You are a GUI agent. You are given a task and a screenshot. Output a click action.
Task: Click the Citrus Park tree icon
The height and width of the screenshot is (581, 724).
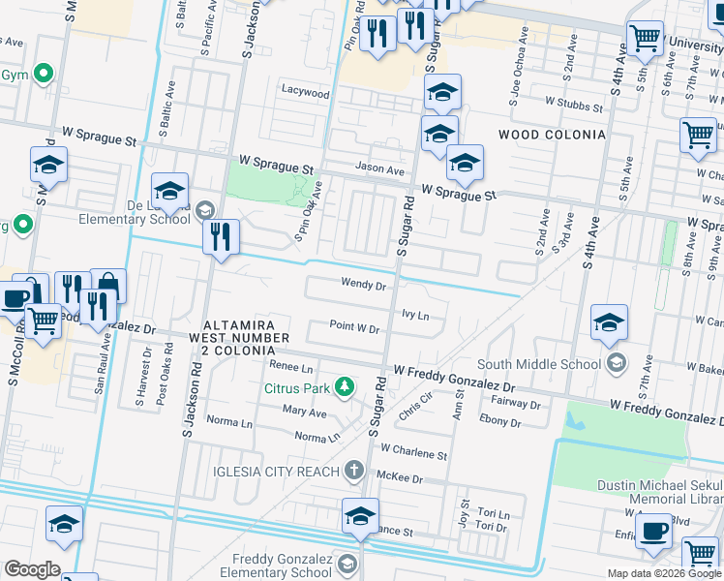342,388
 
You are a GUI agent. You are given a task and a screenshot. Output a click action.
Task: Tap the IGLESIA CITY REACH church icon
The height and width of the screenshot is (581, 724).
354,471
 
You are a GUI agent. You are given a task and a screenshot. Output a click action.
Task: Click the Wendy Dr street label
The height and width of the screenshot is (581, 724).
363,285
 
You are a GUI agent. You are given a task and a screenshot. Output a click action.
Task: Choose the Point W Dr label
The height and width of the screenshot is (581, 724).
353,328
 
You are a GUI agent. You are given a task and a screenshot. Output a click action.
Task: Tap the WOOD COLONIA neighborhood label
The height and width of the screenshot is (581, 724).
551,135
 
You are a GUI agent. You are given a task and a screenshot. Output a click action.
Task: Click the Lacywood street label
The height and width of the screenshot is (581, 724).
306,94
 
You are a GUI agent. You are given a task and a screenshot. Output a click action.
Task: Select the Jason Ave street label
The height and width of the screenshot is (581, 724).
379,169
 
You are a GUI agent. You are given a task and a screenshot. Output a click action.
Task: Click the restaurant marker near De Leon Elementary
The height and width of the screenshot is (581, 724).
221,236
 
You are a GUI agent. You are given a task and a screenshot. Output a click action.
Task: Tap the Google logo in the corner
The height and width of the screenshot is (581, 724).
31,569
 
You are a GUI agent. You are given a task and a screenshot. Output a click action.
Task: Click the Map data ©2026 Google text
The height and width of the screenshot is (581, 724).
663,573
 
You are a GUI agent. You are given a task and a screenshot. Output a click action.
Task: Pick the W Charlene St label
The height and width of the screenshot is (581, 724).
413,451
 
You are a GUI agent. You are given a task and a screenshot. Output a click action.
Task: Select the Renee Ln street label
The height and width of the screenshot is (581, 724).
291,369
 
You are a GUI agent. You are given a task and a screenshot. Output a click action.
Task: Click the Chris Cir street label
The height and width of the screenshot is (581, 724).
414,406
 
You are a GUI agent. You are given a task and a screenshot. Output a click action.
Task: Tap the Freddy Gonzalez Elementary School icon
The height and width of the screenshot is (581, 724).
347,563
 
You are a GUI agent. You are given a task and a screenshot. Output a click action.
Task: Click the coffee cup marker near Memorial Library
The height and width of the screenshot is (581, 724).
655,531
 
